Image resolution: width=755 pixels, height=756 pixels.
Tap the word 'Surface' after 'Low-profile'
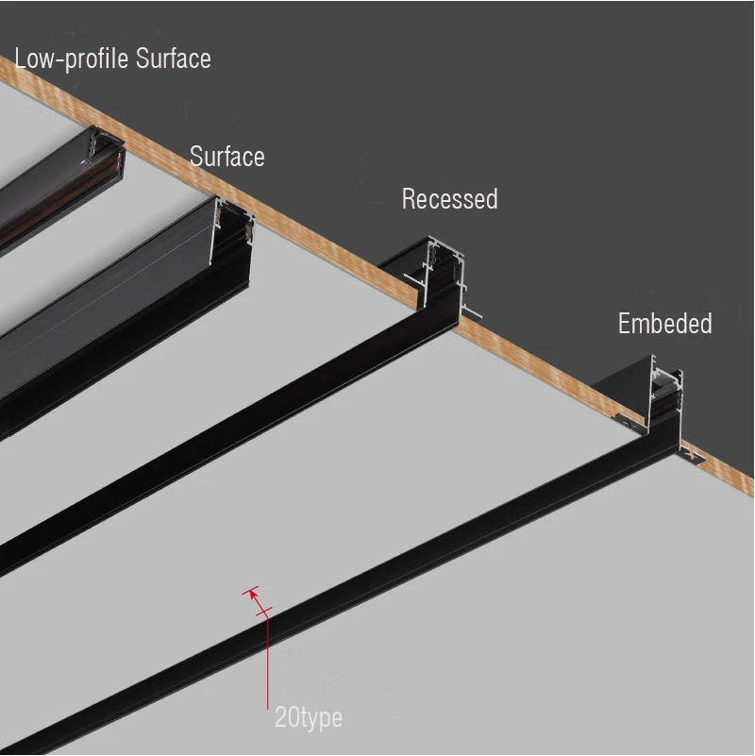174,59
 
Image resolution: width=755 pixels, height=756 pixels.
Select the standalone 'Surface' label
226,156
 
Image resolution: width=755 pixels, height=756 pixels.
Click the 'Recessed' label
449,199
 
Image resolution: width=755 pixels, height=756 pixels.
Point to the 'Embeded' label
664,324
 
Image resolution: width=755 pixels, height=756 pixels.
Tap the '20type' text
308,717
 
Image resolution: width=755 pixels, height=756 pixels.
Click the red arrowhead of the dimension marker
252,595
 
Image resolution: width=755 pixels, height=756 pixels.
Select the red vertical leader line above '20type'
268,661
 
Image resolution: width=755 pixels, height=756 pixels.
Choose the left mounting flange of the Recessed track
412,277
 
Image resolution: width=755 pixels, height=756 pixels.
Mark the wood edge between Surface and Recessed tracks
321,236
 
